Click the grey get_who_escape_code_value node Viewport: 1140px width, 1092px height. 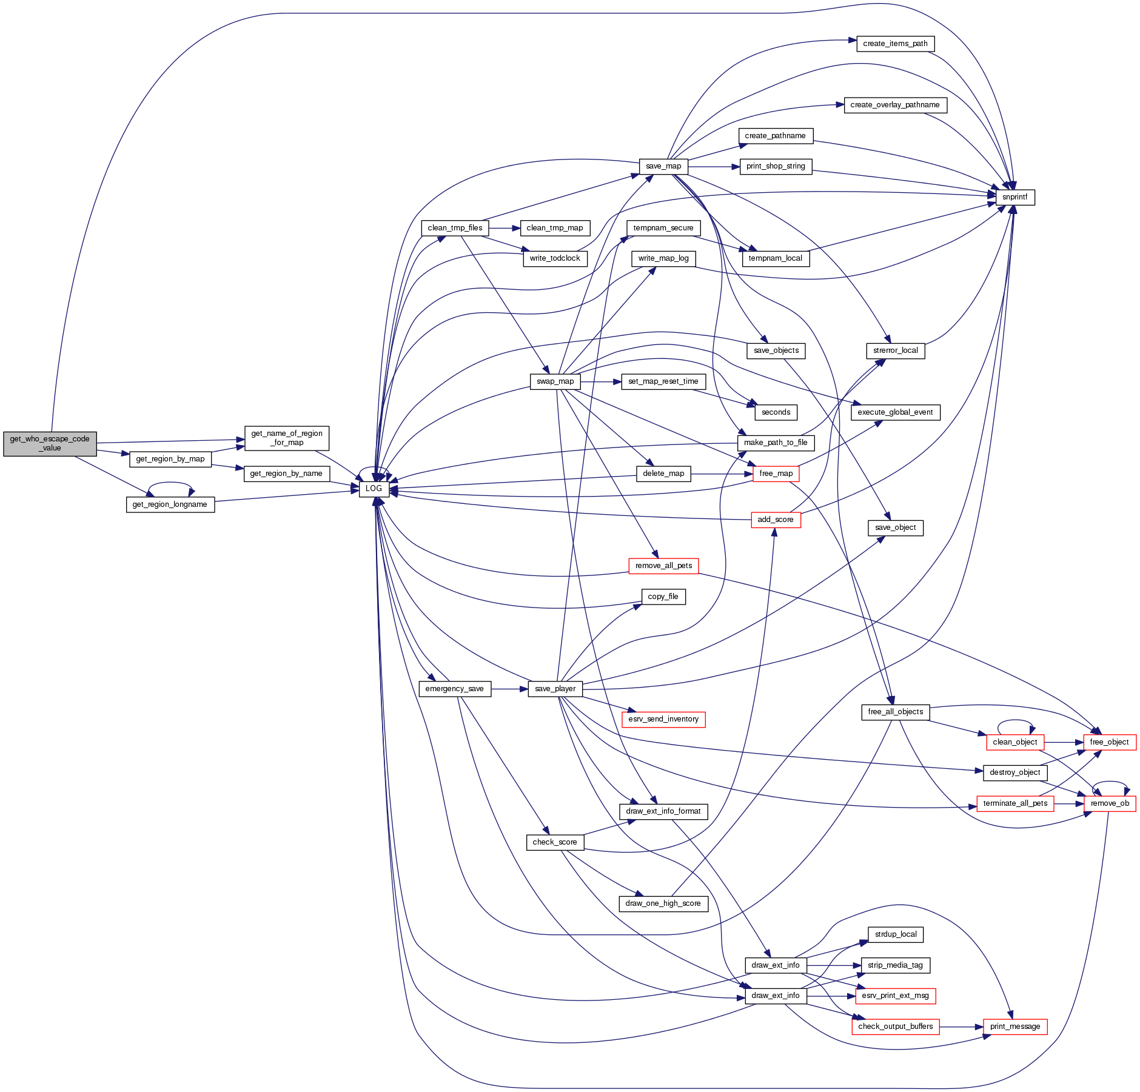coord(50,444)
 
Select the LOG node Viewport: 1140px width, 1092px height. coord(374,489)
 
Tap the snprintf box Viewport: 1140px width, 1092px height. coord(1014,197)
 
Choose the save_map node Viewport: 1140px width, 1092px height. coord(663,166)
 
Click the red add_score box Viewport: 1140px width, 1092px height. coord(775,520)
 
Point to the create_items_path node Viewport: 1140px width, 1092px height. coord(895,44)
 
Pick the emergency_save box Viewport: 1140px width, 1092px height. coord(454,689)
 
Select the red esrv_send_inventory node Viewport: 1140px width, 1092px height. coord(663,719)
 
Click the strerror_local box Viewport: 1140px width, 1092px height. coord(895,350)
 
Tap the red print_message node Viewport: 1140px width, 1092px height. coord(1014,1027)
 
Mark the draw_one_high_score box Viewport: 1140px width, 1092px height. coord(663,903)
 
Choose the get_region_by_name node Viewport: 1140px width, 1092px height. coord(286,474)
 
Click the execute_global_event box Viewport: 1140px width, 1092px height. coord(895,412)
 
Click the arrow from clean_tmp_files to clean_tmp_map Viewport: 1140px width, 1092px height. coord(504,228)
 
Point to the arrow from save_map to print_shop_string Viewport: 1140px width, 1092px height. coord(714,166)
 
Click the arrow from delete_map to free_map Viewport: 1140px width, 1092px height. coord(722,474)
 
